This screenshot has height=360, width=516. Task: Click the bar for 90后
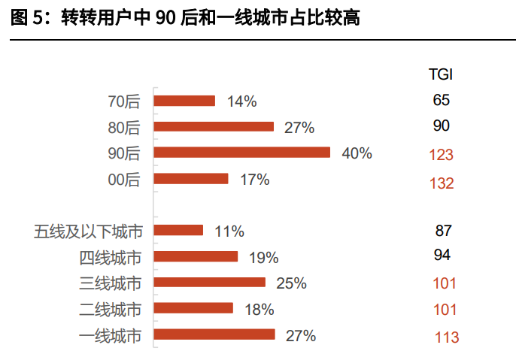point(241,153)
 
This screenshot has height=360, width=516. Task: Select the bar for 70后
point(184,101)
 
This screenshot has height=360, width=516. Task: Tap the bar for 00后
point(190,179)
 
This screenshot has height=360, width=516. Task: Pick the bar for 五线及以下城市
point(178,231)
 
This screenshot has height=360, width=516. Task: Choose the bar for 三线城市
point(209,283)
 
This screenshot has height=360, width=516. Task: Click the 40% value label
point(357,153)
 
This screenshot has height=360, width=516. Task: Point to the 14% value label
point(241,101)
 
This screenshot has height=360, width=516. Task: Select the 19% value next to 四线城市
point(263,258)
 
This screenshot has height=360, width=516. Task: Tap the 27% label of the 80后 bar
point(299,127)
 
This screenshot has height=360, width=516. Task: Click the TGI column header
point(441,74)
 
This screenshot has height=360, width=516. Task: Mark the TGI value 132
point(442,183)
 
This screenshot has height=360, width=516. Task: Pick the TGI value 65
point(442,100)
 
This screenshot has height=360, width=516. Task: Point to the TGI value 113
point(446,337)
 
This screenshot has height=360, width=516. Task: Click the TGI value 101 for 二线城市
point(445,310)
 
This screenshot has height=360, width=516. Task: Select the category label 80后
point(124,127)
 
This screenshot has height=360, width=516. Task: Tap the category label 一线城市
point(110,335)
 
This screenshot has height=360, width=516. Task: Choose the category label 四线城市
point(110,258)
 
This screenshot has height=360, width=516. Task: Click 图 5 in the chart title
point(27,18)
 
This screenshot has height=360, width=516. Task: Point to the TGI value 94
point(442,256)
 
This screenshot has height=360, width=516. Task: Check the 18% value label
point(259,309)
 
